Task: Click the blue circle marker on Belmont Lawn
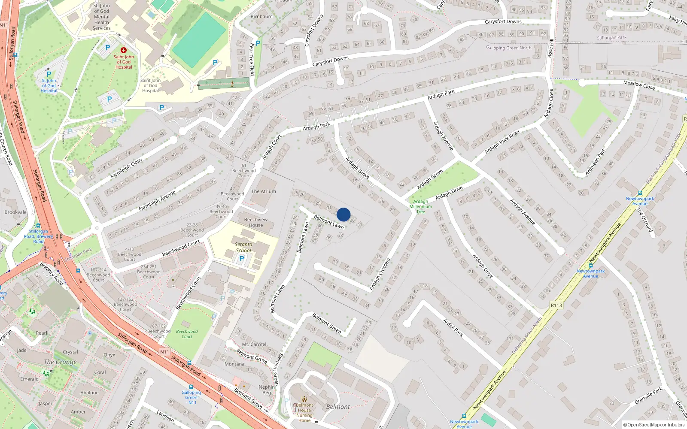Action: [x=343, y=214]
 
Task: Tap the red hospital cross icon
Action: [x=124, y=50]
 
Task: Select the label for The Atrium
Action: [x=264, y=191]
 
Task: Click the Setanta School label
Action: [x=243, y=248]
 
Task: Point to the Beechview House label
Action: [x=256, y=222]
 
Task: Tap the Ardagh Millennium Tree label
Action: [x=421, y=206]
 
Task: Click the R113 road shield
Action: [x=556, y=305]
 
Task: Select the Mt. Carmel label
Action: [x=254, y=344]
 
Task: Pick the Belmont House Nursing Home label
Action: [x=304, y=413]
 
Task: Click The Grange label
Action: [x=60, y=362]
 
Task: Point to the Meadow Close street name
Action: [x=639, y=85]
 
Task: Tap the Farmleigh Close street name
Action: [x=126, y=169]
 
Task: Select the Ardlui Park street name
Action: [x=453, y=327]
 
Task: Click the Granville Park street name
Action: [x=648, y=395]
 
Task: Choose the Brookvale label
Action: [x=15, y=212]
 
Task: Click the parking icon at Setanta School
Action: [x=241, y=259]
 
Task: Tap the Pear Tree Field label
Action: [x=252, y=59]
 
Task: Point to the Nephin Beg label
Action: [x=267, y=390]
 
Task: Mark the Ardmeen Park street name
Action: [x=596, y=161]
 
